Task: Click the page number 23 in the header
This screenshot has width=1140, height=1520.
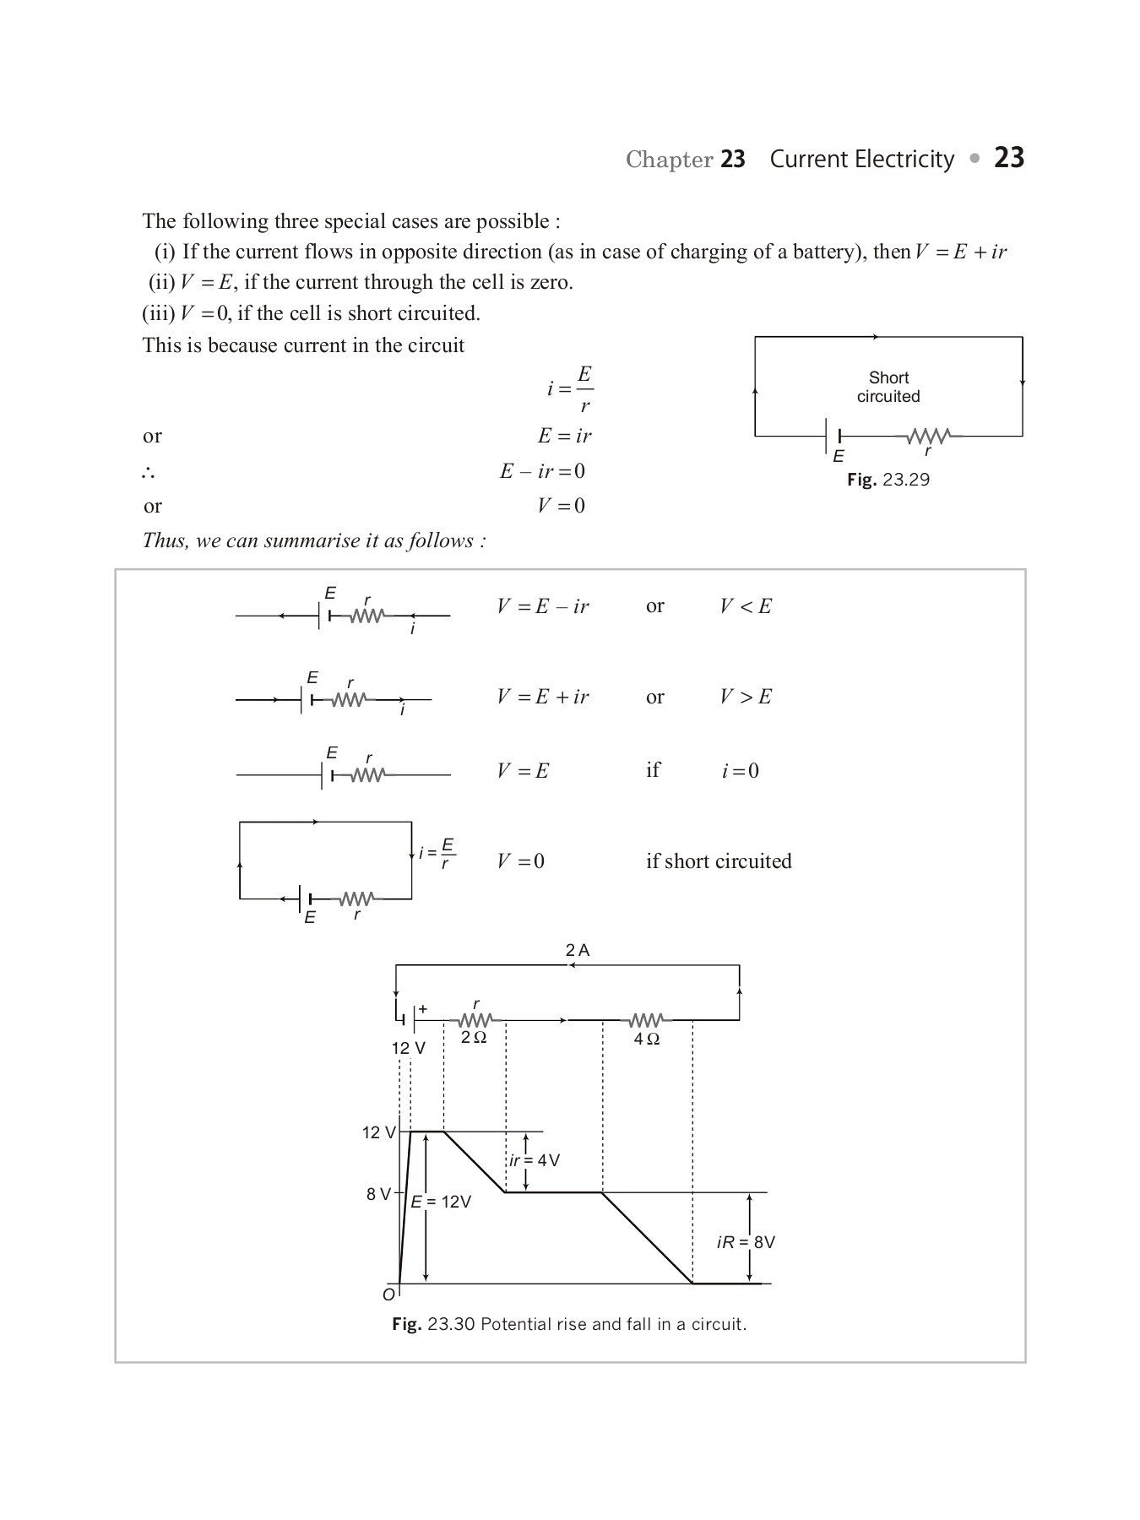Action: tap(1008, 158)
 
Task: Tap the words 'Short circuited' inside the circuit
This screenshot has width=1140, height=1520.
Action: tap(888, 387)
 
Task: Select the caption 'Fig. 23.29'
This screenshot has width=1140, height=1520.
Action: tap(888, 480)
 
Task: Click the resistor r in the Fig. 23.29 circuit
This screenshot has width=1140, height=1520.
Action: tap(929, 437)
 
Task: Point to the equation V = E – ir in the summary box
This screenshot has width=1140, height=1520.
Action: tap(543, 606)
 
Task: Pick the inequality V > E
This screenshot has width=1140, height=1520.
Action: tap(746, 697)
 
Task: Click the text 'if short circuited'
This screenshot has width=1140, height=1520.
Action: tap(719, 861)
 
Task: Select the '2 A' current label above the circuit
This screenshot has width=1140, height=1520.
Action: tap(578, 950)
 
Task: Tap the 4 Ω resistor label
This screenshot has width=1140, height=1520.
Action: tap(647, 1039)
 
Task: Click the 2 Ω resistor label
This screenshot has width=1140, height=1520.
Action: tap(474, 1037)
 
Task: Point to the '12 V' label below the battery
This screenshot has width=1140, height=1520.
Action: tap(408, 1048)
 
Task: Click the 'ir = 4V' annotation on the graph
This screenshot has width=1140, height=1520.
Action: tap(535, 1160)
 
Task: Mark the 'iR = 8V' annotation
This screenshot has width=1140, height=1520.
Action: tap(746, 1242)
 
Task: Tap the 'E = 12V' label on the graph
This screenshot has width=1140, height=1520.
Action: tap(441, 1202)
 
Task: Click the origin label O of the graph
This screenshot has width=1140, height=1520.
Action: tap(388, 1295)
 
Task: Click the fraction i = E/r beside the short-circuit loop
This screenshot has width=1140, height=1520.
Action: tap(437, 853)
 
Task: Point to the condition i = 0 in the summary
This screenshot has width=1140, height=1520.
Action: tap(740, 771)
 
